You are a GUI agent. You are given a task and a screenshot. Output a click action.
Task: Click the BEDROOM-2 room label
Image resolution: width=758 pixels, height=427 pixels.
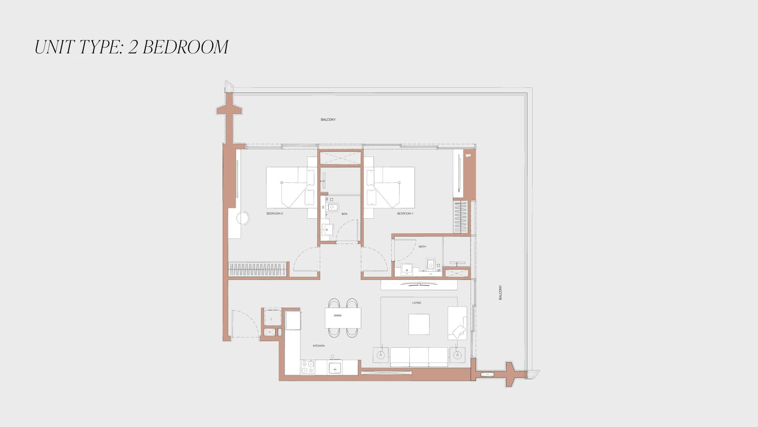275,213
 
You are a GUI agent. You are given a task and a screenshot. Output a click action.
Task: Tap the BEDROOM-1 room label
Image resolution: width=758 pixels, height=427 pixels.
405,213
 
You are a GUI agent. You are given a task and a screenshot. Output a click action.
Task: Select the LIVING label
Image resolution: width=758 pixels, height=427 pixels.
417,303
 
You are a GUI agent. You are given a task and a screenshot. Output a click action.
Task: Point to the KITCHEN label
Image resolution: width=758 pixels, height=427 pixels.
319,346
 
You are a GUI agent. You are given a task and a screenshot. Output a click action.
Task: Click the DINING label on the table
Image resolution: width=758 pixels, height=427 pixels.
338,316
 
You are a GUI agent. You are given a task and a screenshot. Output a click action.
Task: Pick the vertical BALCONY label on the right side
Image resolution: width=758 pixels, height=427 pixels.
501,293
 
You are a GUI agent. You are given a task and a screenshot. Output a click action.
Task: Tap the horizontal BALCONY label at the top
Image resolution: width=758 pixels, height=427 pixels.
328,119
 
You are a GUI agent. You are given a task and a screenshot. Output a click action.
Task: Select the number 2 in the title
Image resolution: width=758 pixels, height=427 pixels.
133,47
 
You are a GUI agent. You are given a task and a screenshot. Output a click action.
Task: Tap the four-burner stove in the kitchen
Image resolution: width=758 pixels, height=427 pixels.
308,367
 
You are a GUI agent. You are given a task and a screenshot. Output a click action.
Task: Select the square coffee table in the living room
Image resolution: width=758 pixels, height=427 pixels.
419,324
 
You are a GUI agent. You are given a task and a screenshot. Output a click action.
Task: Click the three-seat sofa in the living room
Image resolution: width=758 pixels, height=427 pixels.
419,357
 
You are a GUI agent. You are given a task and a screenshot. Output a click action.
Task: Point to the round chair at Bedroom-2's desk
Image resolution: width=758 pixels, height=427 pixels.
243,217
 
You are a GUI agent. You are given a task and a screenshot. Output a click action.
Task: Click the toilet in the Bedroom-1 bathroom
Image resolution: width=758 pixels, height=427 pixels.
431,264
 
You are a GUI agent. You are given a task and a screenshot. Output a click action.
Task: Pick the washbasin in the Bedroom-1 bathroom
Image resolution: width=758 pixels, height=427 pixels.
407,269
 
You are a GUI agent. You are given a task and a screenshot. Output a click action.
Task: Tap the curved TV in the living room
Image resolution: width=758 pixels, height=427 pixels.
419,283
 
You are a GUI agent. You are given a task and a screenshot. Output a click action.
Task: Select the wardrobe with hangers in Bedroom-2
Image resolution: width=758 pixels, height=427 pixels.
257,269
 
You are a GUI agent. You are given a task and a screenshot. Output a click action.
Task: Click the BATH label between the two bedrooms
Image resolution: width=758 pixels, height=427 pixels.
345,214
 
